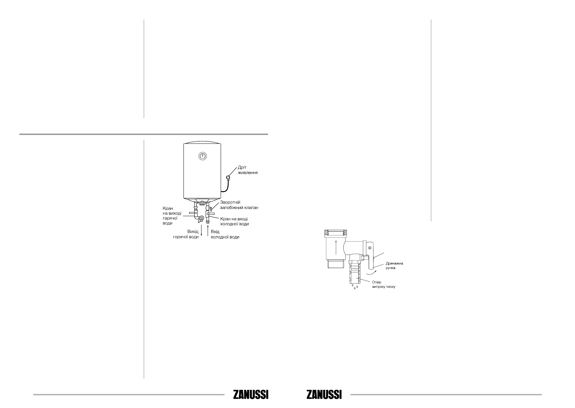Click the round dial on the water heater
click(x=203, y=156)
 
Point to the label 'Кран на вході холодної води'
click(x=234, y=221)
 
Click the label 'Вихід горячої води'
click(x=186, y=234)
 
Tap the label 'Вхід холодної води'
click(x=225, y=234)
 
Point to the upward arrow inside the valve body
click(x=336, y=247)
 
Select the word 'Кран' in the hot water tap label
click(x=168, y=208)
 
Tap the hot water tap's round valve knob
click(x=202, y=218)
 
